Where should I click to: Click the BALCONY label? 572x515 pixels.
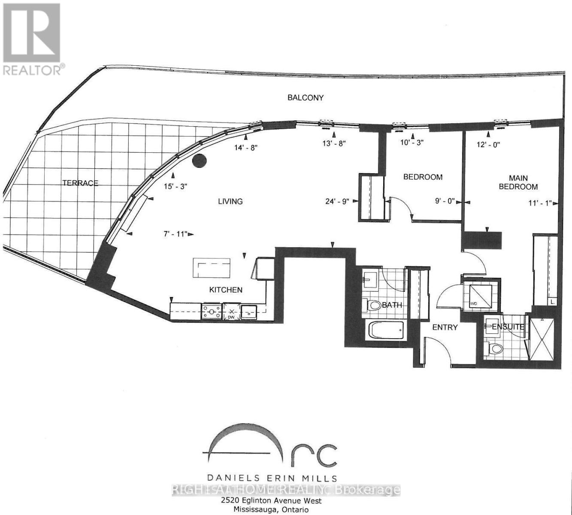coord(305,98)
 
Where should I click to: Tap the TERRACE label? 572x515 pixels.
coord(80,183)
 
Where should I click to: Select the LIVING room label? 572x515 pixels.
coord(230,201)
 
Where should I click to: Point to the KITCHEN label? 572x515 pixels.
coord(225,290)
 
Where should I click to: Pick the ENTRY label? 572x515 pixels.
coord(445,327)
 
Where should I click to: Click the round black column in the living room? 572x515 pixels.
coord(199,161)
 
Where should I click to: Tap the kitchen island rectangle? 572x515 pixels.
coord(212,269)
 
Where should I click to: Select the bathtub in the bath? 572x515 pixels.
coord(386,331)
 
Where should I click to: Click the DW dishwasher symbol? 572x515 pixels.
coord(231,312)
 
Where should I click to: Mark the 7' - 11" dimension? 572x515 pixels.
coord(174,234)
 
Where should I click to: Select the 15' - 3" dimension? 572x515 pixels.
coord(175,187)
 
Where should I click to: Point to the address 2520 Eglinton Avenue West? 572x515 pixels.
coord(271,501)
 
